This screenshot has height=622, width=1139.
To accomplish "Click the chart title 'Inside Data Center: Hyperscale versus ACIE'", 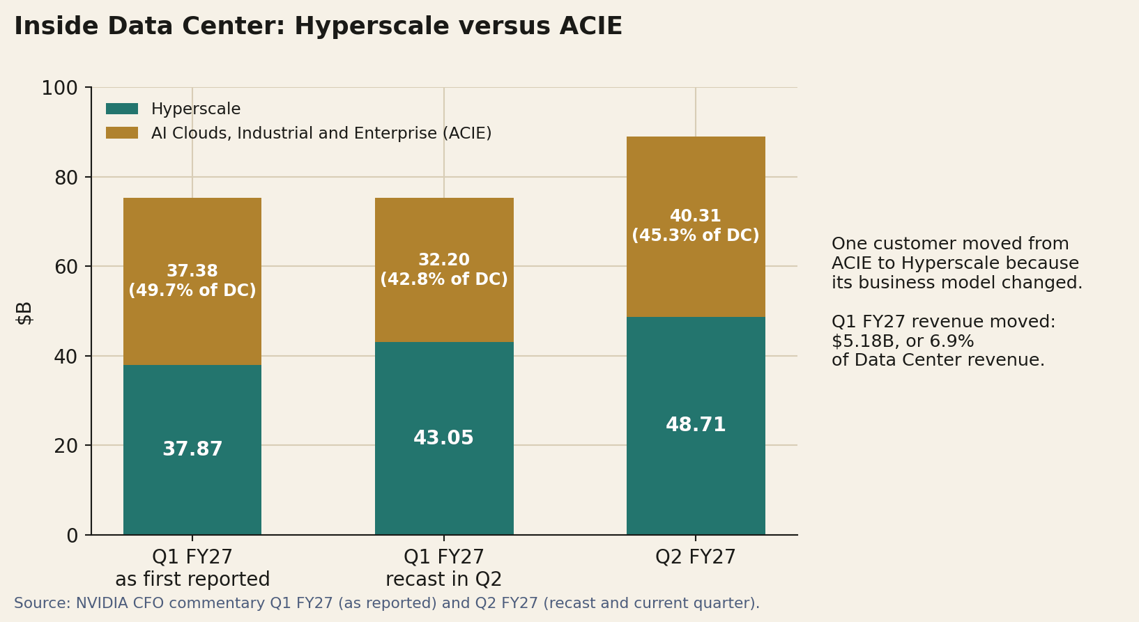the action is (318, 26).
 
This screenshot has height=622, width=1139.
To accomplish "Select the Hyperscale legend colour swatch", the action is (122, 109).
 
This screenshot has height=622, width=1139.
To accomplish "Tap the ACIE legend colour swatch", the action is (122, 132).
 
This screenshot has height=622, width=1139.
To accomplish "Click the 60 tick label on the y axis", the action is (67, 267).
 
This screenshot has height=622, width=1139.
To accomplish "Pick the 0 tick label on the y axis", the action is (72, 535).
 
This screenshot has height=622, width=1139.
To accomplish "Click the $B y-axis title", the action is (24, 313).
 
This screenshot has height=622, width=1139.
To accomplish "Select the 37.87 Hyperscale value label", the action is (192, 449).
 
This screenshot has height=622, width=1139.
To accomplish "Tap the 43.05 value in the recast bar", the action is (443, 437).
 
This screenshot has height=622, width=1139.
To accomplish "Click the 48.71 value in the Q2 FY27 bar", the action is (696, 424).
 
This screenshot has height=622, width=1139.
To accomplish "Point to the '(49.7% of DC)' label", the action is (192, 290).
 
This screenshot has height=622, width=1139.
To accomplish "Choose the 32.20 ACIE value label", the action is (444, 260).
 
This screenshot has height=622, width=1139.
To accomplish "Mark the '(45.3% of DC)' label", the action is (696, 235).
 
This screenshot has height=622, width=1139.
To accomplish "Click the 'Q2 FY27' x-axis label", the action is (696, 557).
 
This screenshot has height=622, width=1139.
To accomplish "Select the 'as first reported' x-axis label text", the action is (192, 580).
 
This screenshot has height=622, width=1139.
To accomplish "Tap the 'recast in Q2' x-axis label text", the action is (444, 580).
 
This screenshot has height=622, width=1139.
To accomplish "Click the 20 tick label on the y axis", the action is (67, 446).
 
